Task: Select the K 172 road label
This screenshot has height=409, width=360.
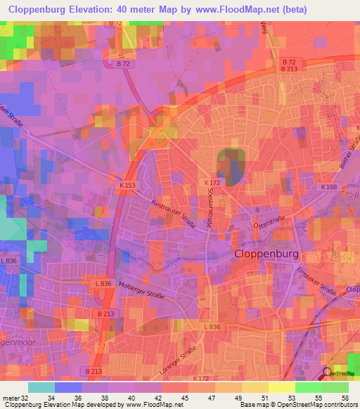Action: click(212, 182)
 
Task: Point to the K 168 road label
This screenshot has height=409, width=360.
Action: click(328, 188)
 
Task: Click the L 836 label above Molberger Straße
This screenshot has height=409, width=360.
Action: click(102, 283)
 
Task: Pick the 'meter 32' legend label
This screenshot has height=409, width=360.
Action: click(14, 397)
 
